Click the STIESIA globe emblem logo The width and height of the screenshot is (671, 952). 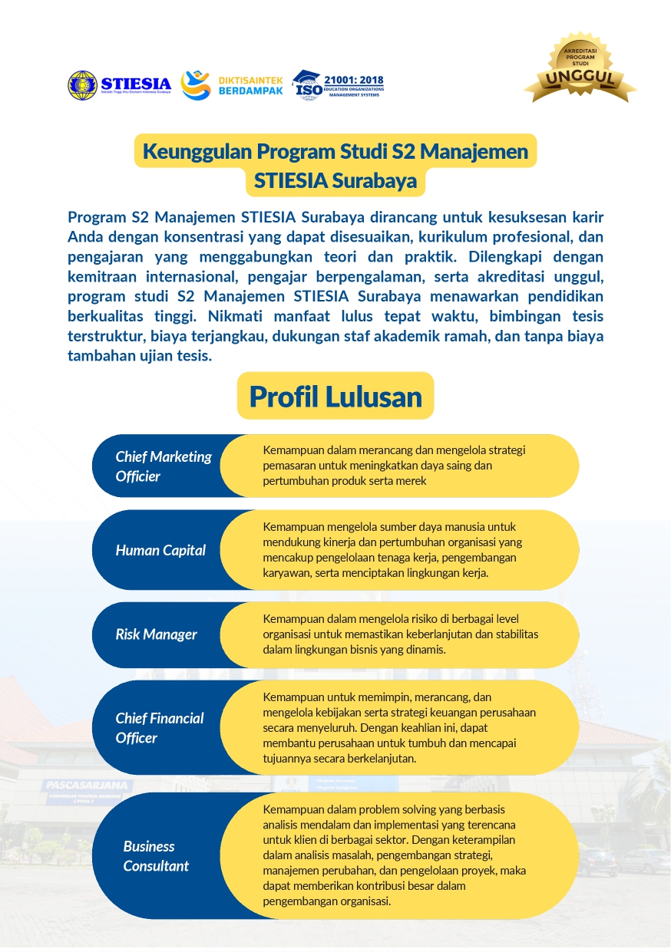click(x=83, y=85)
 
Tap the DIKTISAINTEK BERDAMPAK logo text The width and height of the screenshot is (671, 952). click(x=250, y=85)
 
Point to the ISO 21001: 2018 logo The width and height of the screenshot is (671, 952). click(x=339, y=85)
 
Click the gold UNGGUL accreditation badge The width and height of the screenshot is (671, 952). click(x=580, y=70)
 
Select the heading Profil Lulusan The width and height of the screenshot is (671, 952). click(x=335, y=397)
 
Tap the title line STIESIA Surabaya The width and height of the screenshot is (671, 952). click(x=335, y=182)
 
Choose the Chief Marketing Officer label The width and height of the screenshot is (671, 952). click(x=163, y=466)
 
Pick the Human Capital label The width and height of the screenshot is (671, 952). click(x=160, y=550)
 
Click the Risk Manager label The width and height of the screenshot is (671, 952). click(x=156, y=634)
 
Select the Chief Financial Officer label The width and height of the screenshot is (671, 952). click(x=159, y=728)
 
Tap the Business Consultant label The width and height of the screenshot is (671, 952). click(x=155, y=856)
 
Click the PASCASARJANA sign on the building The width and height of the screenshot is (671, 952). click(x=89, y=786)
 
